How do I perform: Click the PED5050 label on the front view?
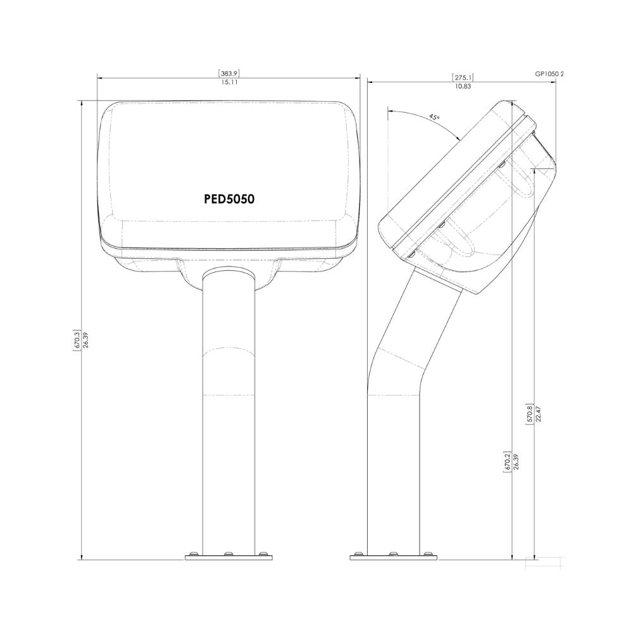pos(229,199)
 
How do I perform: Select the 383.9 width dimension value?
pos(229,73)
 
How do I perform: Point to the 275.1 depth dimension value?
pos(462,77)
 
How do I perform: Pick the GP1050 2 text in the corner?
pos(548,73)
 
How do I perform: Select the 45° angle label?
pos(434,117)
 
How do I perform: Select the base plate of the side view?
pos(394,558)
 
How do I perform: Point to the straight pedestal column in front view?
pos(229,443)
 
